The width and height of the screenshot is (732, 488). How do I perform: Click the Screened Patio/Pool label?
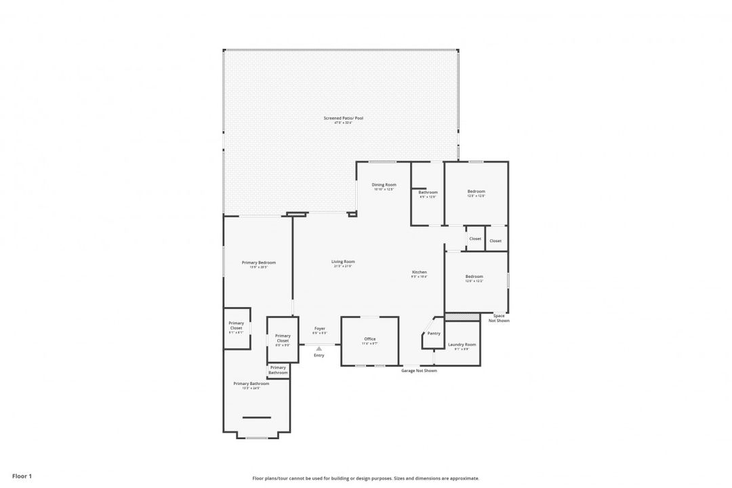(x=343, y=118)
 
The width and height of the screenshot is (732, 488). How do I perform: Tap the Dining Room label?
(x=384, y=184)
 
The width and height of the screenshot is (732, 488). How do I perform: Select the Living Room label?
(x=343, y=262)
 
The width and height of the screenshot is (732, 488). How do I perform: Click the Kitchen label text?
(x=420, y=272)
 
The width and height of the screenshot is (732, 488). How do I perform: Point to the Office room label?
(x=369, y=339)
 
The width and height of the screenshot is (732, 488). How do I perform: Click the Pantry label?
(x=434, y=333)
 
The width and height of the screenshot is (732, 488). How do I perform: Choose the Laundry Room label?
(x=462, y=344)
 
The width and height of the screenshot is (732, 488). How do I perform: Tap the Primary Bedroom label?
(x=259, y=262)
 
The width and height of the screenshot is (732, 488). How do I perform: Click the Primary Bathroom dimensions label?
(x=251, y=388)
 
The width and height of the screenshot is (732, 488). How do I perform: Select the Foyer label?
(x=319, y=329)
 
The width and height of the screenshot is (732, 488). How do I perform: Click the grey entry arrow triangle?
(x=319, y=349)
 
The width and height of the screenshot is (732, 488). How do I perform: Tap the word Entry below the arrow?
(x=319, y=355)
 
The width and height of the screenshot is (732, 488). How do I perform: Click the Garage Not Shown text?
(x=419, y=371)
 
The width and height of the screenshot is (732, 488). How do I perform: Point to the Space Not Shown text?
(x=499, y=318)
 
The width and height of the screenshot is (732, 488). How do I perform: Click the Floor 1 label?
(x=22, y=476)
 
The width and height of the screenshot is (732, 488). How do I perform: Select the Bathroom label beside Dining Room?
(x=428, y=192)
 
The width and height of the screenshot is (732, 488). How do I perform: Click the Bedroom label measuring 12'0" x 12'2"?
(x=474, y=276)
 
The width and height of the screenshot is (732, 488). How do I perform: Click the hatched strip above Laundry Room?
(x=462, y=317)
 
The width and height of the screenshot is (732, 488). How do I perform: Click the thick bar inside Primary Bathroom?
(x=256, y=418)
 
